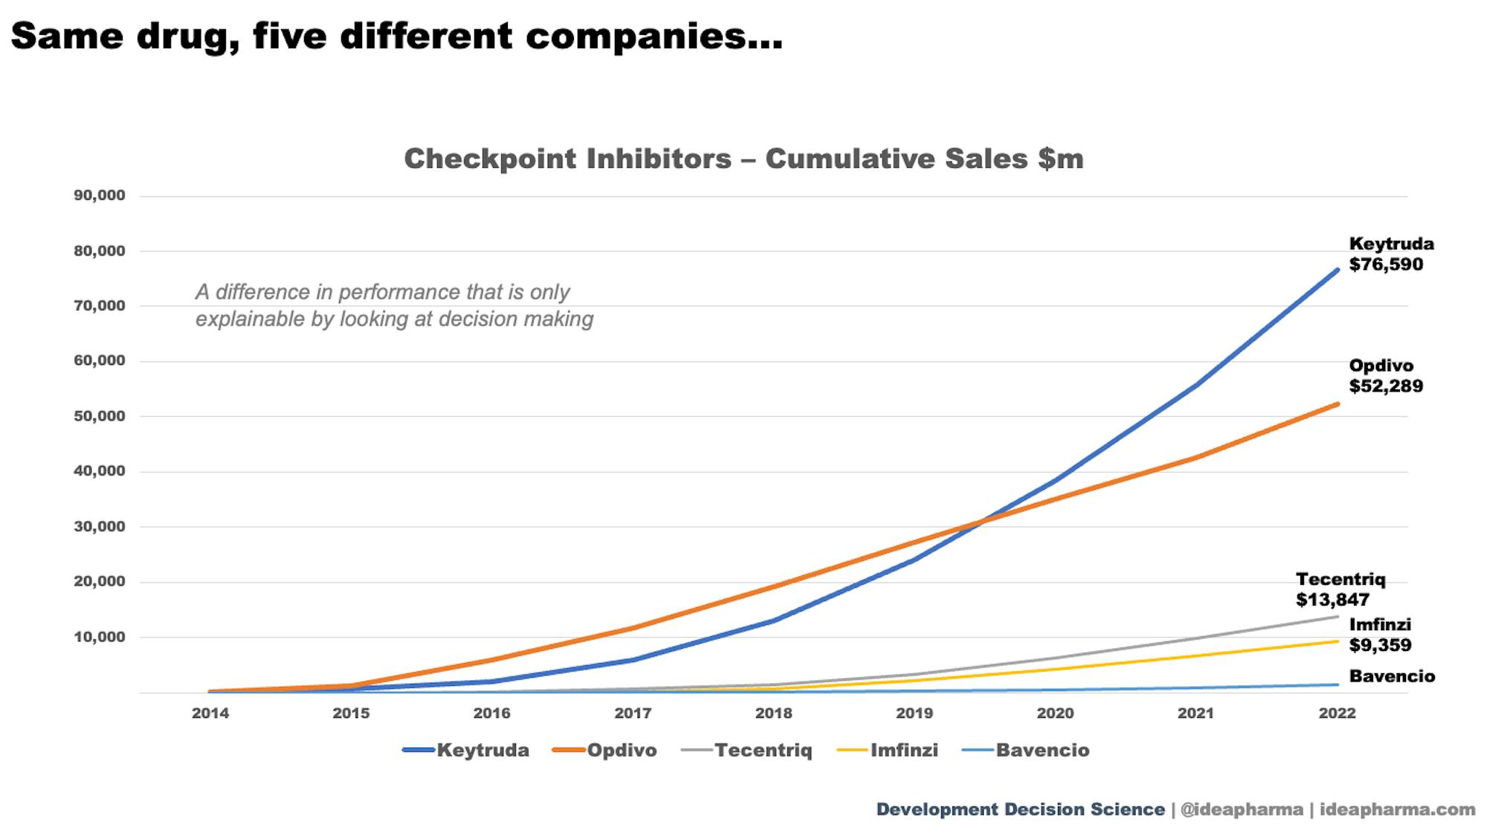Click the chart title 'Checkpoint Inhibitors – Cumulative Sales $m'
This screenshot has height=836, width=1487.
pyautogui.click(x=743, y=159)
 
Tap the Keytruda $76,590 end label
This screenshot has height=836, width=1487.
pyautogui.click(x=1390, y=254)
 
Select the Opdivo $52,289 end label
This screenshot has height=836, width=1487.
pyautogui.click(x=1386, y=376)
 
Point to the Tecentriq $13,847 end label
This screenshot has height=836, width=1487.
pyautogui.click(x=1340, y=589)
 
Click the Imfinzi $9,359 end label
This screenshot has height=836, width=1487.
pyautogui.click(x=1380, y=635)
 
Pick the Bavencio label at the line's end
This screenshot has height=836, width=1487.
pyautogui.click(x=1392, y=676)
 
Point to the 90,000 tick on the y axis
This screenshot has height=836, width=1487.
pyautogui.click(x=100, y=195)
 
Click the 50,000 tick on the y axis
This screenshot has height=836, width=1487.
pyautogui.click(x=100, y=416)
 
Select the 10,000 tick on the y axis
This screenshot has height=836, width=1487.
pyautogui.click(x=100, y=637)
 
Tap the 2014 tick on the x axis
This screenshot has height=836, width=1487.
pyautogui.click(x=210, y=713)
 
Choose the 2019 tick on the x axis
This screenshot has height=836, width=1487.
pyautogui.click(x=915, y=713)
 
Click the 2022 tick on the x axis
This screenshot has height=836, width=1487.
pyautogui.click(x=1337, y=713)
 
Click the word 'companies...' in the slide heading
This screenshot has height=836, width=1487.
pyautogui.click(x=654, y=37)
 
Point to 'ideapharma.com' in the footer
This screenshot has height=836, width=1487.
pyautogui.click(x=1397, y=809)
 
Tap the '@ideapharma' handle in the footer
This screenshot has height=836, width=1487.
pyautogui.click(x=1242, y=809)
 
